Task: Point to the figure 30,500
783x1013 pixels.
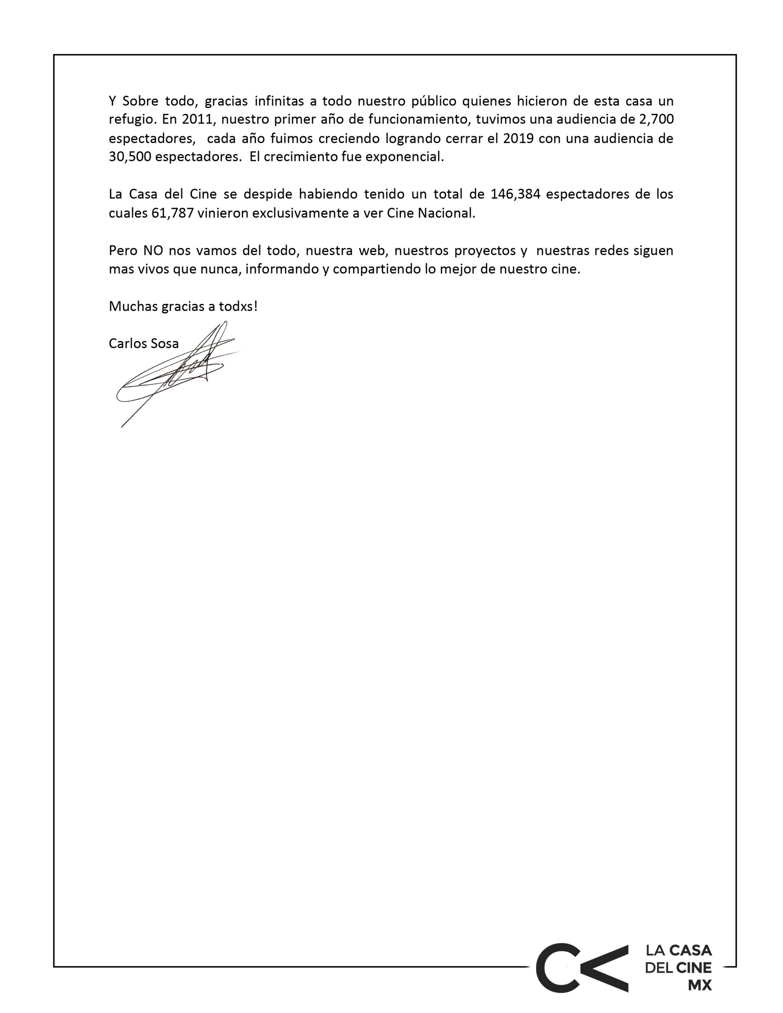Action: coord(129,157)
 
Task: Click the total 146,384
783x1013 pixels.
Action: coord(515,194)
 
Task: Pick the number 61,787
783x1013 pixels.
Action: coord(172,213)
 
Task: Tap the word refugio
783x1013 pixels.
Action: coord(132,120)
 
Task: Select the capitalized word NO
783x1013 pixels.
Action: coord(153,250)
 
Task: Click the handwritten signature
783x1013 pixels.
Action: coord(177,371)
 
